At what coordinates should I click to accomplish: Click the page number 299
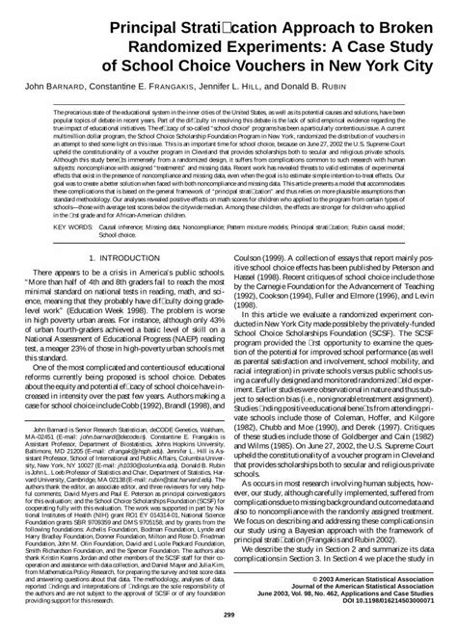click(228, 615)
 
